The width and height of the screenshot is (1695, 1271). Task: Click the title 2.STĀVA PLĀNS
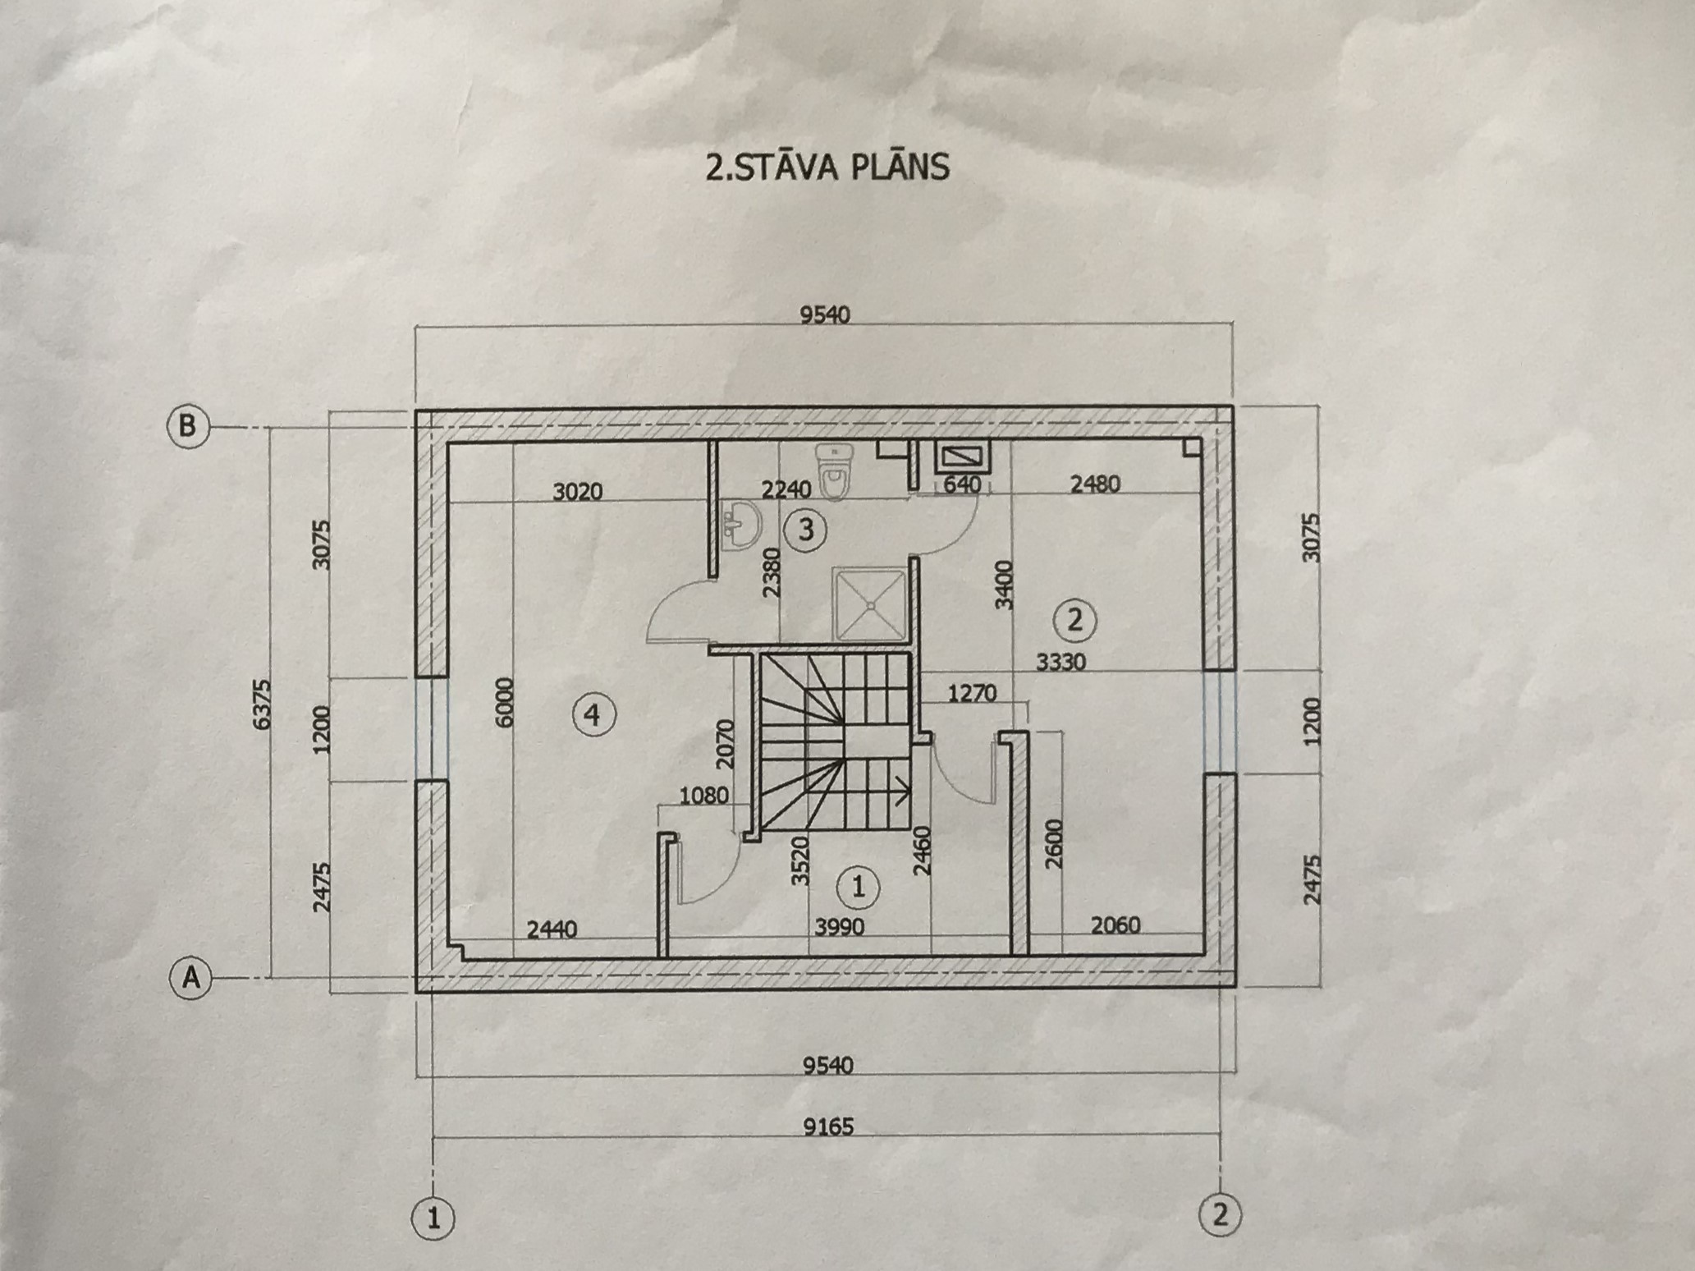[827, 166]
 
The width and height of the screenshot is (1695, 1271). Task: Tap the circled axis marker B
[187, 427]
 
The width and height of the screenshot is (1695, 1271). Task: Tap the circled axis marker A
[190, 978]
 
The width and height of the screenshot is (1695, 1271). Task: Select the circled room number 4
[593, 715]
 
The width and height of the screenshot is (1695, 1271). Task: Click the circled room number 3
[805, 530]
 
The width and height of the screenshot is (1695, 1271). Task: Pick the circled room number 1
[858, 886]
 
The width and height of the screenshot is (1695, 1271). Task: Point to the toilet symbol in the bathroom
[834, 471]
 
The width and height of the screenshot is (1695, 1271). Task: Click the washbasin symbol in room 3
[742, 525]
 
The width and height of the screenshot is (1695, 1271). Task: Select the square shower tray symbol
[869, 603]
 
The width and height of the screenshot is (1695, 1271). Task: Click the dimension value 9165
[828, 1126]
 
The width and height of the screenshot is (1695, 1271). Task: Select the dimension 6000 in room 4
[504, 702]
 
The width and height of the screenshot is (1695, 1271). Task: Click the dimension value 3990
[840, 927]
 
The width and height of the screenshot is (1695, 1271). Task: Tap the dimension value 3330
[1061, 661]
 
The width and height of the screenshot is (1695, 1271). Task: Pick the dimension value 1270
[972, 694]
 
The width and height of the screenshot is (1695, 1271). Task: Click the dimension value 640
[962, 485]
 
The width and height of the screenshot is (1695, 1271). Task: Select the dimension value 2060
[1115, 925]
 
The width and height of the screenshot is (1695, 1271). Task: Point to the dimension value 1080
[703, 795]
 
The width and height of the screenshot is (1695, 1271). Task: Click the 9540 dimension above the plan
[825, 314]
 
